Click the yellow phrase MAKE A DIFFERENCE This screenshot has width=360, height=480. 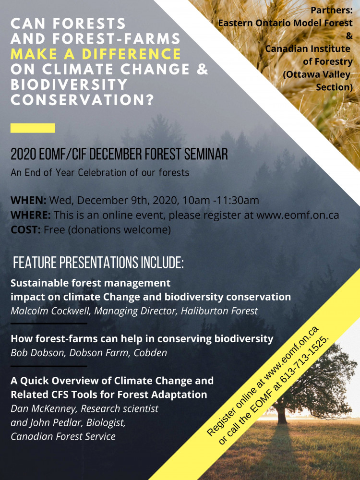point(96,54)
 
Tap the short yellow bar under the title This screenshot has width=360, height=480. point(33,128)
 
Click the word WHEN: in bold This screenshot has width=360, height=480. point(28,201)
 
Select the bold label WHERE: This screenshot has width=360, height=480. point(31,215)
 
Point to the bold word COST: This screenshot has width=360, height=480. point(26,229)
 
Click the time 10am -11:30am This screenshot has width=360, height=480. point(221,201)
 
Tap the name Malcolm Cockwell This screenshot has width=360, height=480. point(50,311)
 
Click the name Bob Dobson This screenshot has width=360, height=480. point(37,353)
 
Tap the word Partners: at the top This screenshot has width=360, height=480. point(332,10)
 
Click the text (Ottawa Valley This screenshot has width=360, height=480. point(316,74)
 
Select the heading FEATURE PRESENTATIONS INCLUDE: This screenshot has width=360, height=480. point(98,263)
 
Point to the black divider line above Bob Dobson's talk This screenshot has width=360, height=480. point(49,323)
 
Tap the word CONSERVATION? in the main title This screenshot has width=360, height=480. point(82,100)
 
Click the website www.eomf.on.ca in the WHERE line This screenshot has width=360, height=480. point(298,215)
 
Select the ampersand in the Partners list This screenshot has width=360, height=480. point(349,36)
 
